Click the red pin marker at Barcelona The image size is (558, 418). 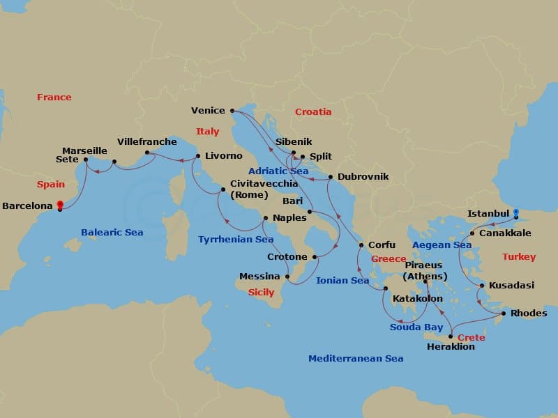click(60, 206)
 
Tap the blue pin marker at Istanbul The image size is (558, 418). click(516, 212)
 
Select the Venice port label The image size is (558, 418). click(208, 110)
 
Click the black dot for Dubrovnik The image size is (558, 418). click(330, 177)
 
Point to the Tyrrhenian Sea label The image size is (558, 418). click(236, 239)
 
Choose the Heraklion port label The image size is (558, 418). click(451, 346)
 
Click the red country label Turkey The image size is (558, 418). click(519, 257)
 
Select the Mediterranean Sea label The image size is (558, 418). click(356, 358)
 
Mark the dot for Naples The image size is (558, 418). click(265, 218)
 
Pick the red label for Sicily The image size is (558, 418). click(261, 293)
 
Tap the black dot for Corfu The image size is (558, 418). click(361, 245)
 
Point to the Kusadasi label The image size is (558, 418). click(511, 286)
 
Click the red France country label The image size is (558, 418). click(54, 97)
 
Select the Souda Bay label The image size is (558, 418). click(416, 327)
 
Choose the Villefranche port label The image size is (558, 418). click(147, 141)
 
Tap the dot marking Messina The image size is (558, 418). click(287, 277)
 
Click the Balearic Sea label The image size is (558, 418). click(112, 232)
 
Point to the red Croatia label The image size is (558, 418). click(313, 111)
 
